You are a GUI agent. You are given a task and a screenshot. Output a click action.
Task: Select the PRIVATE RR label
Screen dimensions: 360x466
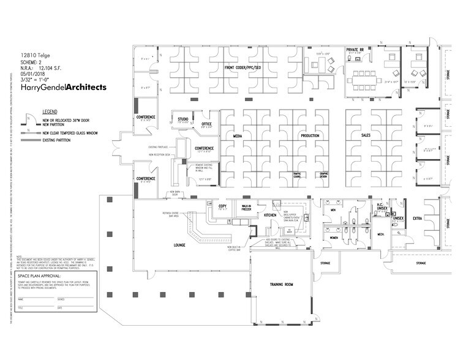pyautogui.click(x=356, y=50)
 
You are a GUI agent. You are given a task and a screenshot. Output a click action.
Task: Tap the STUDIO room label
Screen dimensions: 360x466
pyautogui.click(x=182, y=118)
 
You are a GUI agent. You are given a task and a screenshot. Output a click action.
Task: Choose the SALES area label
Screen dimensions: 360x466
pyautogui.click(x=366, y=135)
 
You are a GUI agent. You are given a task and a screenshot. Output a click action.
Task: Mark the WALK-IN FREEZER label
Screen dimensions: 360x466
pyautogui.click(x=246, y=208)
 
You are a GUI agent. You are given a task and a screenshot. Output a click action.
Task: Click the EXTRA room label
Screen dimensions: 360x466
pyautogui.click(x=417, y=218)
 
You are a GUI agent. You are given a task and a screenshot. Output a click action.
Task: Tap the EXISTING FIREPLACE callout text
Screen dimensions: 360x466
pyautogui.click(x=161, y=147)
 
